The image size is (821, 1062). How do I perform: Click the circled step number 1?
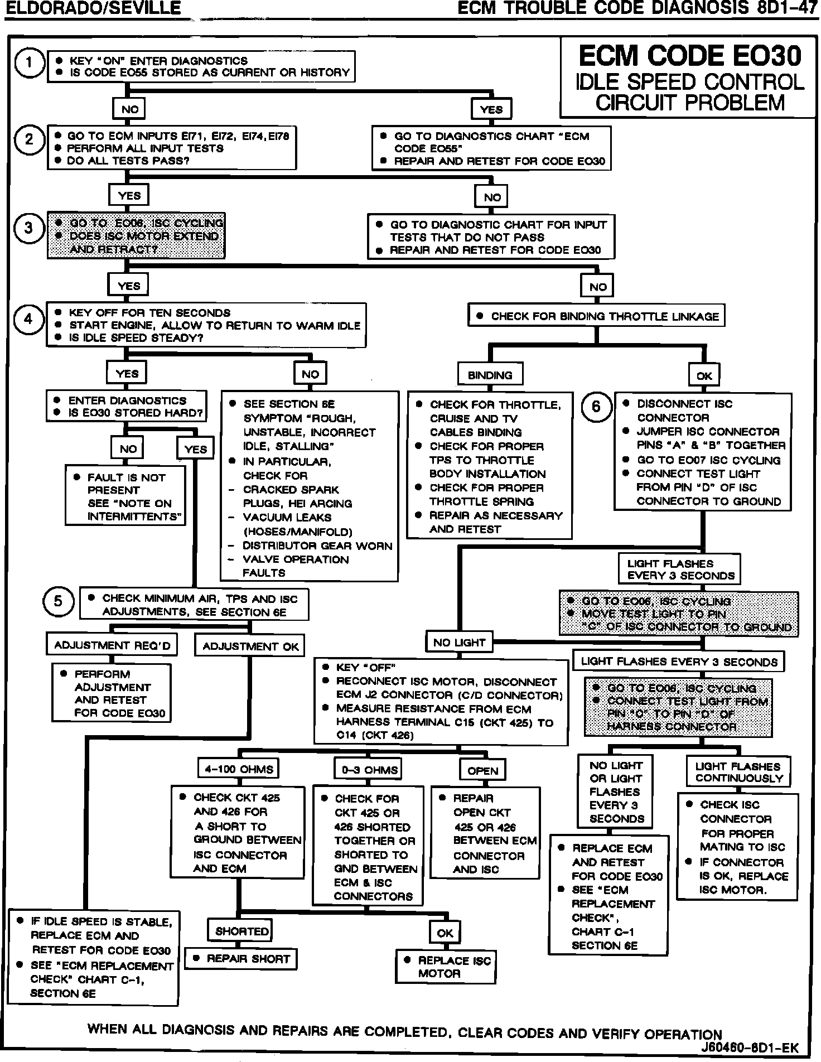coord(29,64)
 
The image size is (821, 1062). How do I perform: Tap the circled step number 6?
coord(596,407)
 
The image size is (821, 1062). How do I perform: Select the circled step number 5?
coord(58,602)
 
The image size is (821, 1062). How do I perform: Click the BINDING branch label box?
coord(490,375)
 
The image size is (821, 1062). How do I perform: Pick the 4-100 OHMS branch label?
coord(239,769)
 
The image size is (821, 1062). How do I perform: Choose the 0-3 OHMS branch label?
coord(369,770)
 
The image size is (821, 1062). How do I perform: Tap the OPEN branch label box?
coord(482,770)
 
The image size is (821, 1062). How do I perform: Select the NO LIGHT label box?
coord(459,643)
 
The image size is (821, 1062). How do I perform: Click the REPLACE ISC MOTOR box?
coord(446,967)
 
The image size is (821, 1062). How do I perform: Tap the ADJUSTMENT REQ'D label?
coord(112,645)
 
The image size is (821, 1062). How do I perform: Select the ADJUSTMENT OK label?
coord(250,646)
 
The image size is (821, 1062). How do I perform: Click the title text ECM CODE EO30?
coord(690,56)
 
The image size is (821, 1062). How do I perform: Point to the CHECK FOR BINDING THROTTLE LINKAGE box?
coord(597,316)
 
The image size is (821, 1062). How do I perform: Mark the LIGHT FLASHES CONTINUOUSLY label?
coord(739,772)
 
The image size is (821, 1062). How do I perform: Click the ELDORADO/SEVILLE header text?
coord(93,8)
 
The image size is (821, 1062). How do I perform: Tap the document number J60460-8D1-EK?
coord(750,1047)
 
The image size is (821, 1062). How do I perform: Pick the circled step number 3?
coord(29,228)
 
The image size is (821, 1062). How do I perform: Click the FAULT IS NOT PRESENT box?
coord(126,496)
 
